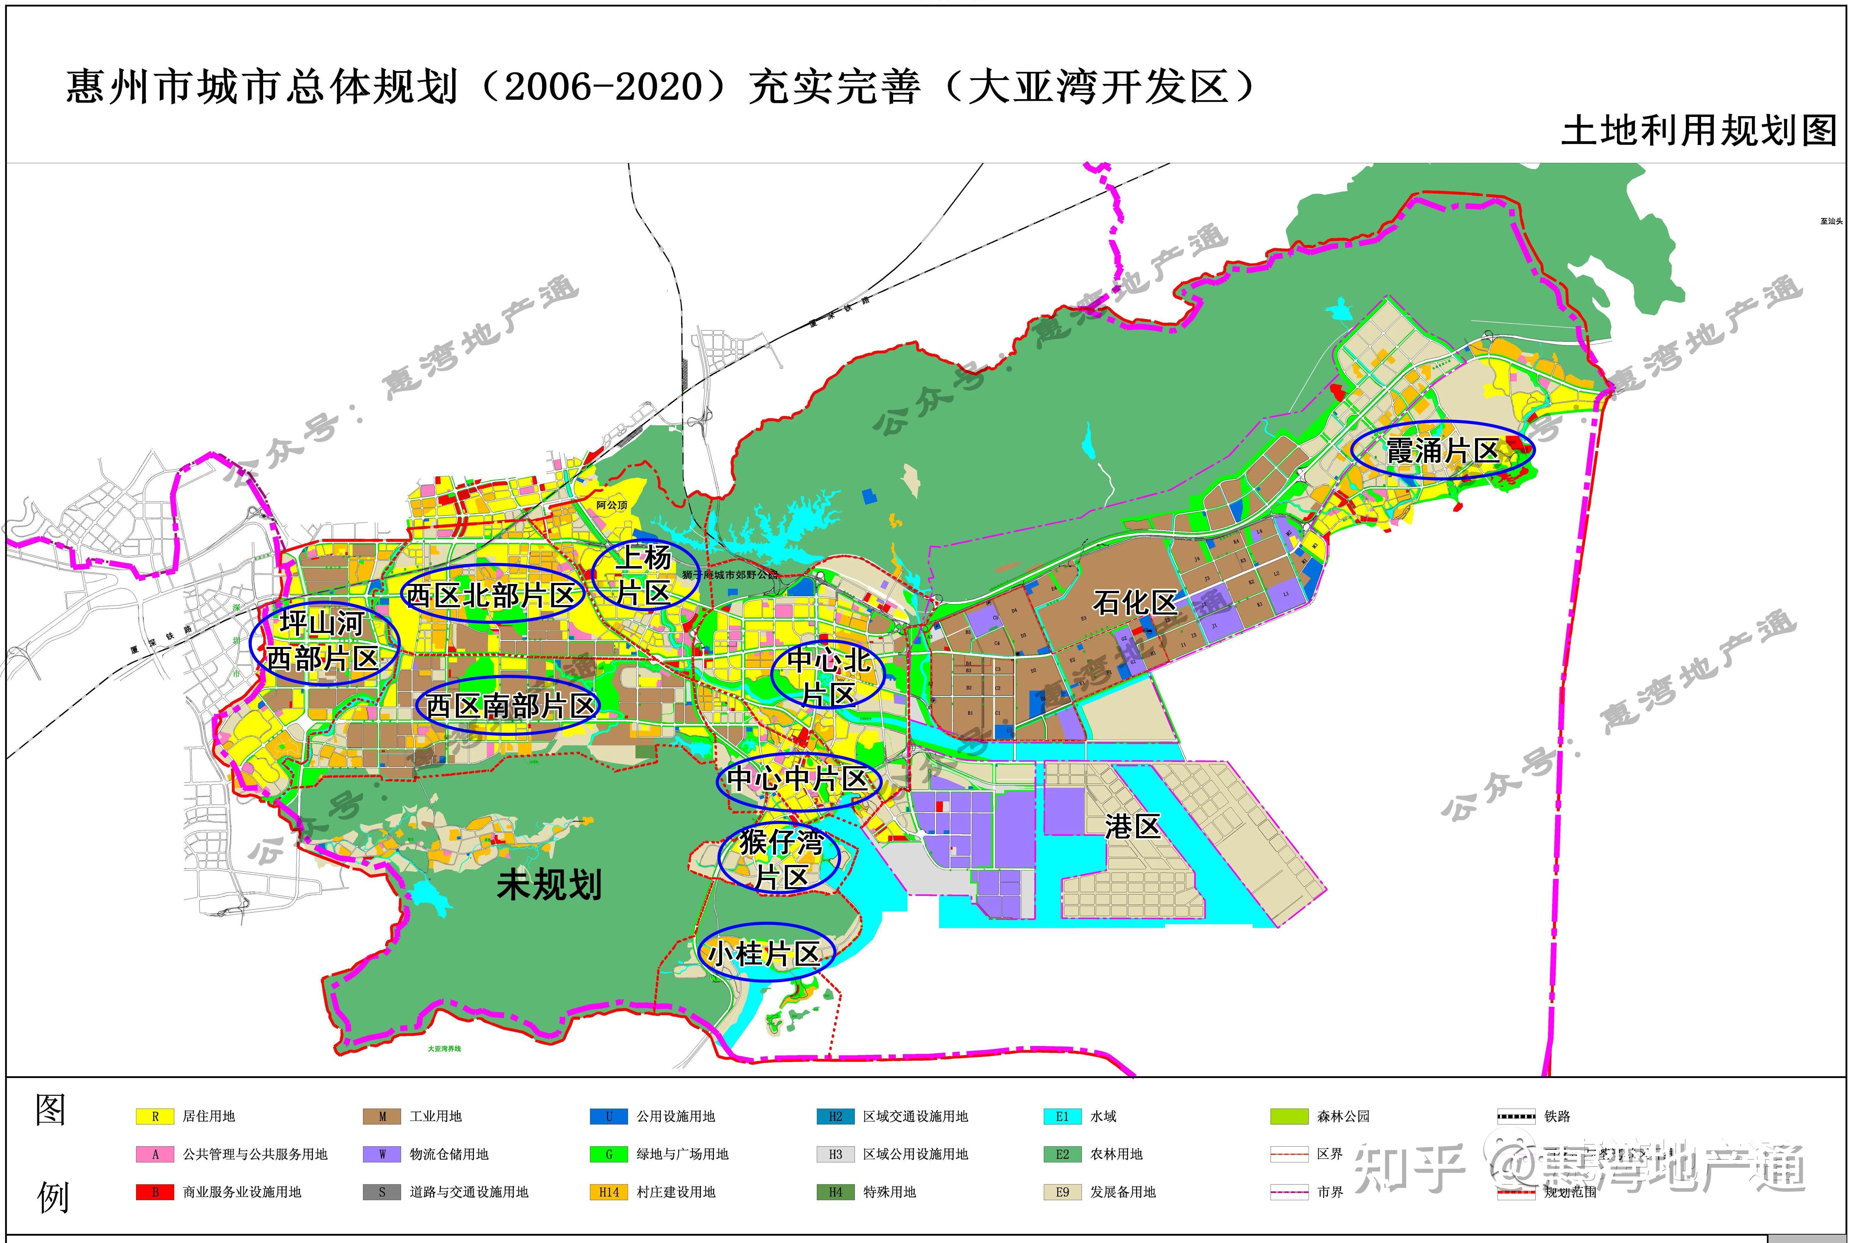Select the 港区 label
1132,827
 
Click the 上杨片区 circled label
645,575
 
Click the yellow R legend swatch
155,1116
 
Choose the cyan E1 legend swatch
1063,1116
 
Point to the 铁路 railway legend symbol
1515,1116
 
